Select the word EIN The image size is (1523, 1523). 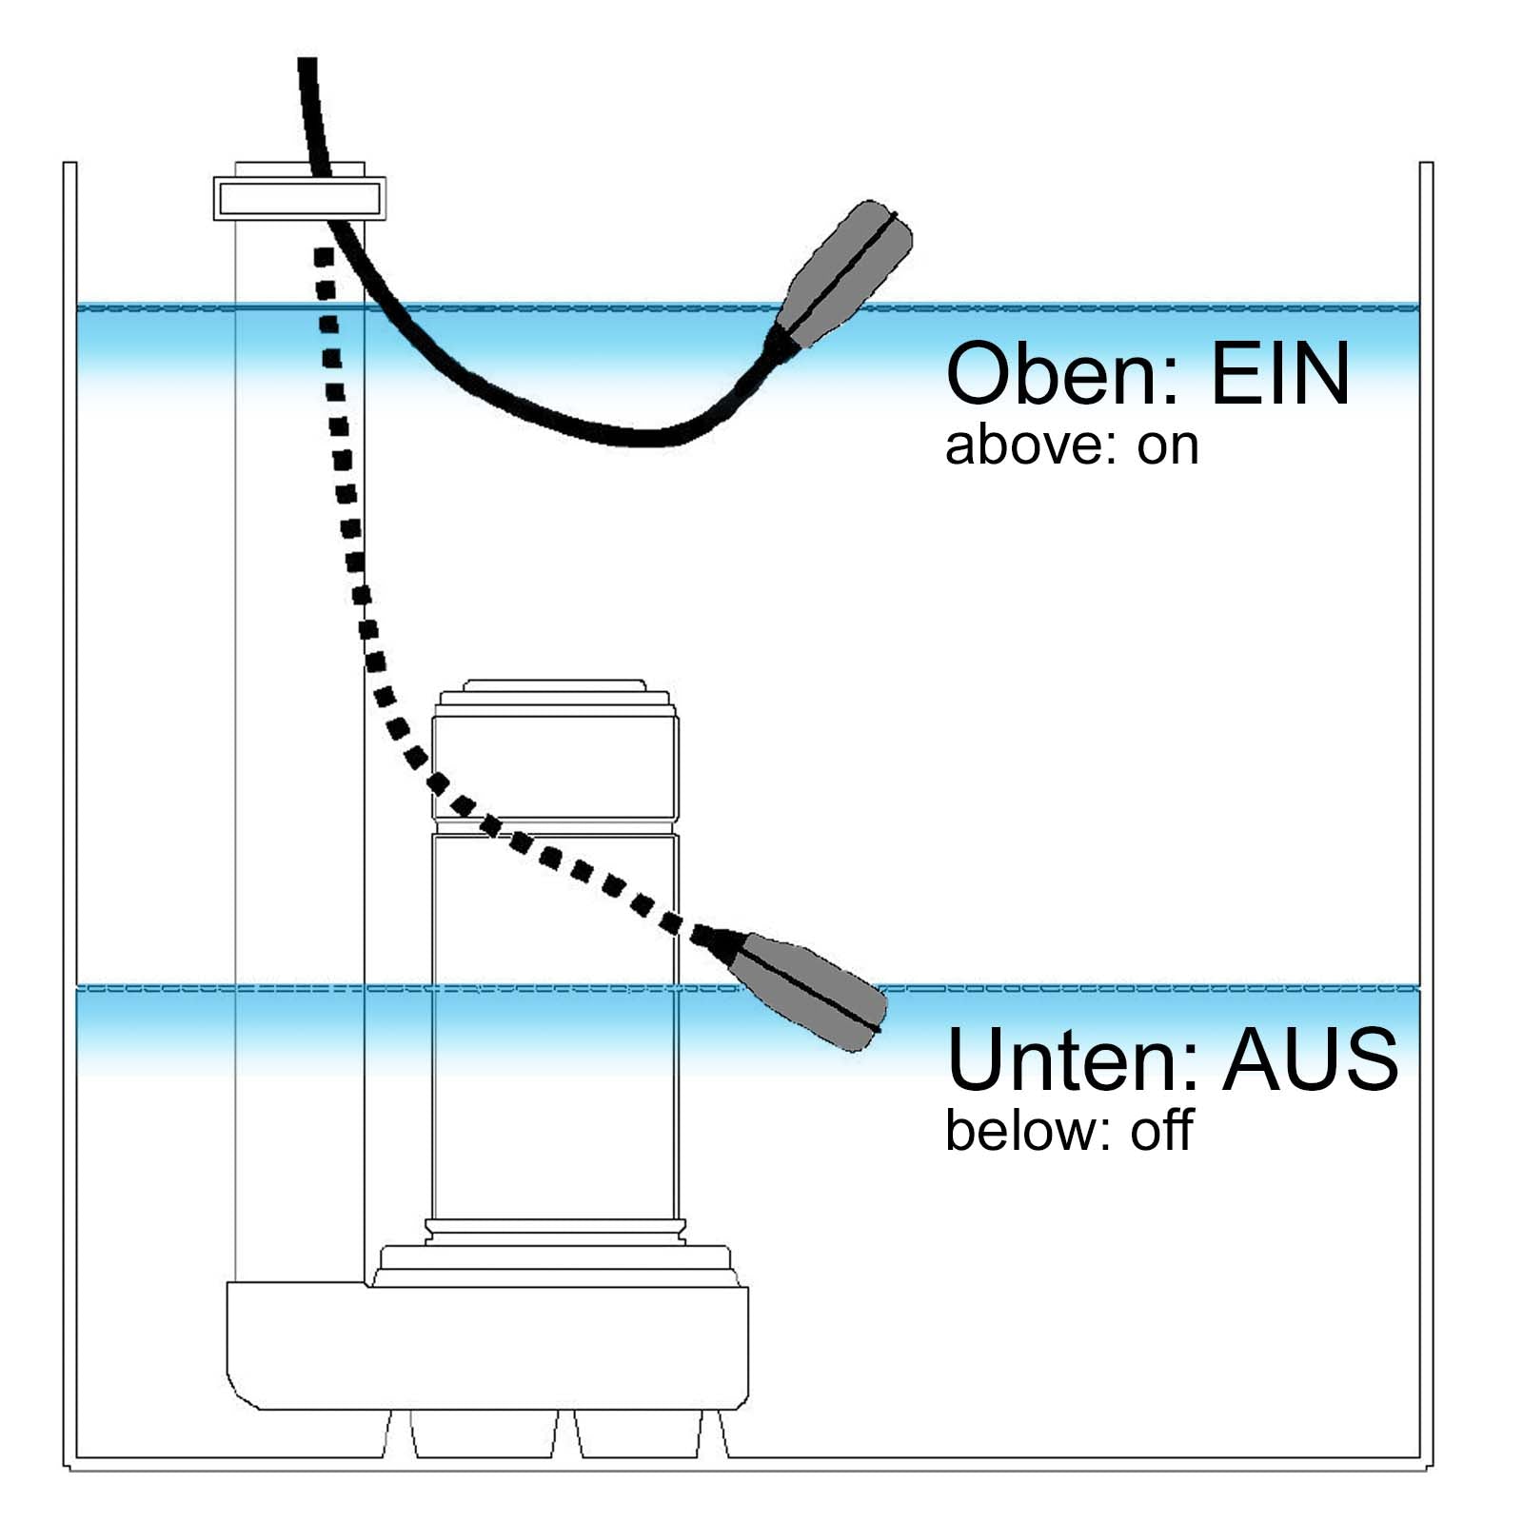tap(1279, 375)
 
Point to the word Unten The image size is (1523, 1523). tap(1070, 1059)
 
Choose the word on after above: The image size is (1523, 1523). tap(1168, 446)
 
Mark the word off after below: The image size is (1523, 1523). tap(1161, 1131)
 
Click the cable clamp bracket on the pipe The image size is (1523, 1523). tap(299, 198)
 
